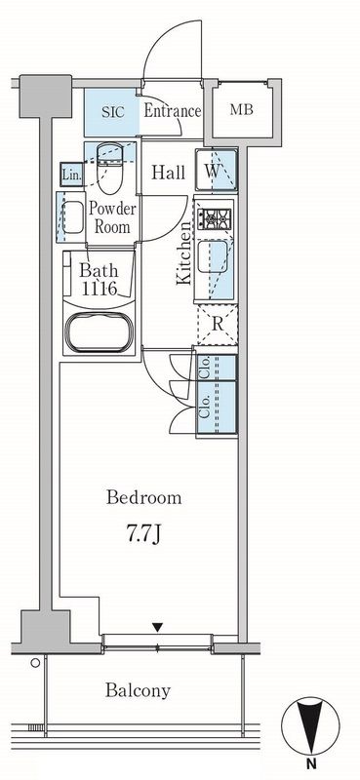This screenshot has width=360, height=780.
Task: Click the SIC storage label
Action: tap(112, 111)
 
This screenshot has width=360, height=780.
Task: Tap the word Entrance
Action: tap(173, 111)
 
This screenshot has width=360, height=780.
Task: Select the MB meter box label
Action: tap(242, 110)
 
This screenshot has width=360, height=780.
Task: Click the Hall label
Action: tap(169, 173)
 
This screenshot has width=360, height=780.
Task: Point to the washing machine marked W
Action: tap(217, 170)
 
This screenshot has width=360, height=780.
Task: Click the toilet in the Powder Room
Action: tap(109, 168)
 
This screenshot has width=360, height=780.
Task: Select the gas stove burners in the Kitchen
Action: tap(215, 217)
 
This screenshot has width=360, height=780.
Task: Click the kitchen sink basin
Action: tap(213, 256)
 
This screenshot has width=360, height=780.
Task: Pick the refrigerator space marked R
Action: tap(218, 325)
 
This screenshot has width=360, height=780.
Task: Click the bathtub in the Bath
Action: tap(100, 332)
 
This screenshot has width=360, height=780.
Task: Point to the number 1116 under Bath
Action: tap(100, 288)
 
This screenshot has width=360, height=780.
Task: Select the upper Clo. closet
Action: tap(217, 368)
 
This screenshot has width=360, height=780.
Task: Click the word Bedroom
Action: tap(143, 497)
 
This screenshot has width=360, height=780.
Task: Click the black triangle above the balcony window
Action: tap(158, 628)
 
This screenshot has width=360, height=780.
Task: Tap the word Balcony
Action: tap(138, 690)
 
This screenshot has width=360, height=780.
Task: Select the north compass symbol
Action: tap(310, 724)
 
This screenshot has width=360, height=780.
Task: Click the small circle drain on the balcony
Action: tap(35, 663)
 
